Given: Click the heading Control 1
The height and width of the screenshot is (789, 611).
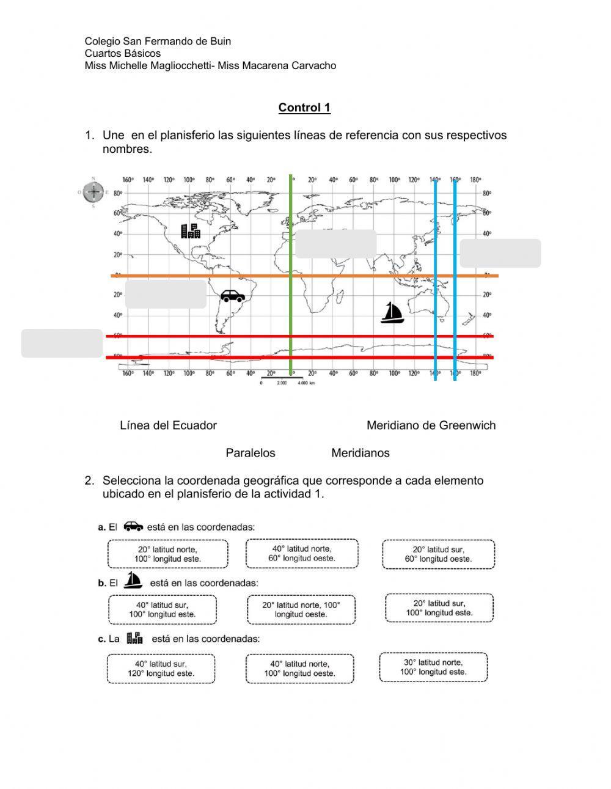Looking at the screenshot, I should [304, 108].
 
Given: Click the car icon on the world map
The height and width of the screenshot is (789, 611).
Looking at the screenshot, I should [233, 296].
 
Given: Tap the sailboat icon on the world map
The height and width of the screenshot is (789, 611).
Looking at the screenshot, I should [392, 312].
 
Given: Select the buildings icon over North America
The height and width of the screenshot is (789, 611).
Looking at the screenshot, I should [191, 230].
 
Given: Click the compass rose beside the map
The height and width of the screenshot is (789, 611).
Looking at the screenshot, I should [93, 193].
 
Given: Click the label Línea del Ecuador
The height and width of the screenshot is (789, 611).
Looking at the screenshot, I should [168, 425].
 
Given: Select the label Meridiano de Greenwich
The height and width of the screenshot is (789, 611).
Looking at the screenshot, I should [431, 425].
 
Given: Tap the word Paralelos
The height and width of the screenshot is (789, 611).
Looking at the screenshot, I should [251, 453].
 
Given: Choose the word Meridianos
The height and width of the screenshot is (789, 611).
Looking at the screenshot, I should [360, 453].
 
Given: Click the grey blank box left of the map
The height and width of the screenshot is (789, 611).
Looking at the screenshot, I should [62, 343].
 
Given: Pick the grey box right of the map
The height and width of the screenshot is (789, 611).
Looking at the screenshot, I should [500, 253].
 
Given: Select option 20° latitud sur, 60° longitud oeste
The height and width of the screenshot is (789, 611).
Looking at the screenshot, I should [438, 554].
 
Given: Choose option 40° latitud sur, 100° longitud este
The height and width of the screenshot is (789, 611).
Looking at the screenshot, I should [162, 610].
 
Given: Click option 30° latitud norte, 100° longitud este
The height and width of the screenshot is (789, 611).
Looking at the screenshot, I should [433, 667].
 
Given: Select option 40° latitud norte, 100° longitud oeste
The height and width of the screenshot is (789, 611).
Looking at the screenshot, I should [299, 669].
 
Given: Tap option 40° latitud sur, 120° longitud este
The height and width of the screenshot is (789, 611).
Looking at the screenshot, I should [161, 669].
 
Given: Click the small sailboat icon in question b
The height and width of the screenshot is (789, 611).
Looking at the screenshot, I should [133, 580].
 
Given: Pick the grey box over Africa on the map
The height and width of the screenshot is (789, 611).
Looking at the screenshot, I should [335, 244].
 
